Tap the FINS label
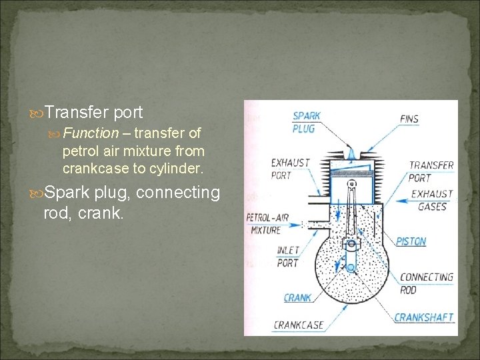(x=409, y=119)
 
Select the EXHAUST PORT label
(x=290, y=169)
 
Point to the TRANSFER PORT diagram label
(x=431, y=171)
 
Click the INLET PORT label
(x=288, y=257)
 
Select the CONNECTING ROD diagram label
(x=426, y=283)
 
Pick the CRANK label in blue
(x=297, y=298)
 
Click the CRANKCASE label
(x=298, y=325)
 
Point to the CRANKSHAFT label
(x=423, y=318)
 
